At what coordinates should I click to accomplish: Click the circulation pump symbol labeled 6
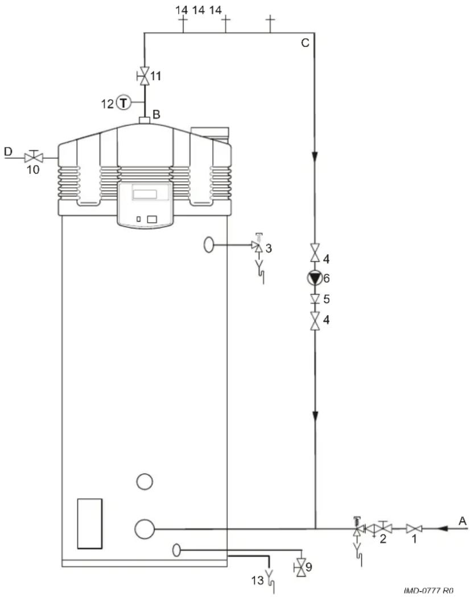point(315,279)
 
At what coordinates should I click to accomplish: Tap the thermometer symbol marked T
point(123,103)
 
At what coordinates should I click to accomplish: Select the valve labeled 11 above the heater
point(144,75)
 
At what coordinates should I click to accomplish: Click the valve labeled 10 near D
point(34,157)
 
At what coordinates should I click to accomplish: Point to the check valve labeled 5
point(315,299)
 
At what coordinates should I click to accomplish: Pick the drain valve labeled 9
point(300,567)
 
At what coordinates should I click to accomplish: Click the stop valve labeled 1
point(414,529)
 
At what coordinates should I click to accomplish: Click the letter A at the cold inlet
point(463,521)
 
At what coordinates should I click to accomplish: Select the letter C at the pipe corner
point(305,43)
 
